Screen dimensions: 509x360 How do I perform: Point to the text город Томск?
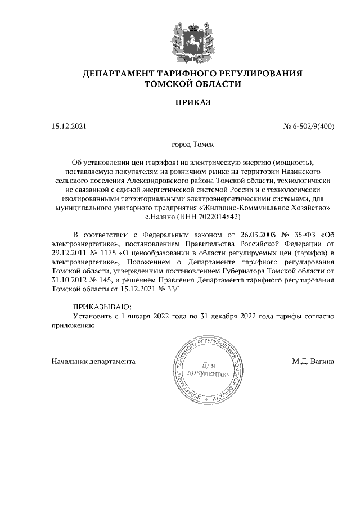click(x=192, y=145)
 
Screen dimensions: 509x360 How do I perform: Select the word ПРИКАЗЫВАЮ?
click(x=102, y=307)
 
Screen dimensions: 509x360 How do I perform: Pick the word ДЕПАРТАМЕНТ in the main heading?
click(x=118, y=74)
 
